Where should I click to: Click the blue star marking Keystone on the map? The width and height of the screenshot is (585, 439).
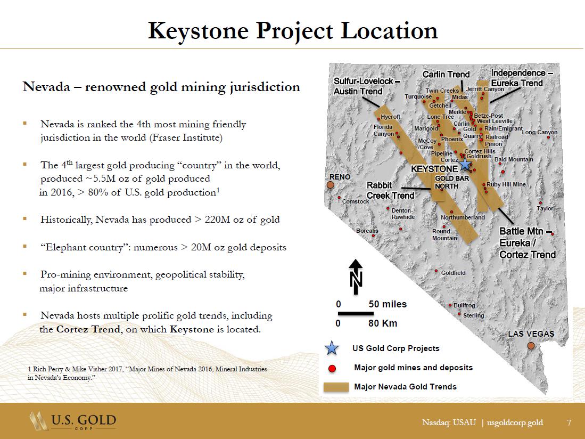(465, 164)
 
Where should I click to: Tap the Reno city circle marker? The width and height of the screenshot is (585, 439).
(330, 185)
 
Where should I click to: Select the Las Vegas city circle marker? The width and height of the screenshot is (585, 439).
(531, 346)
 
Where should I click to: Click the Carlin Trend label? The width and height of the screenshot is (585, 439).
(446, 75)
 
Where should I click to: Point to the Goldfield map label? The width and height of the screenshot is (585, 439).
(453, 273)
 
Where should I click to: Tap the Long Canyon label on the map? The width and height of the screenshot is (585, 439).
(540, 132)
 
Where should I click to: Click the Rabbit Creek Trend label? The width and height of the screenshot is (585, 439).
(390, 190)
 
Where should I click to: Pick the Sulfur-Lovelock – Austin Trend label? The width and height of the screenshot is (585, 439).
(363, 86)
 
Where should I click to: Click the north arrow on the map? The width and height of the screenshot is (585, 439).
(356, 275)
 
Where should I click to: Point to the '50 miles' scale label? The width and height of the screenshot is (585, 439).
(388, 304)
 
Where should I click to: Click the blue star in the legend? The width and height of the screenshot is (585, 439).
(332, 348)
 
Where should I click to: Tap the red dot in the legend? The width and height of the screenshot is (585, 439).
(332, 368)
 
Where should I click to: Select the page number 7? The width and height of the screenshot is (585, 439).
(569, 422)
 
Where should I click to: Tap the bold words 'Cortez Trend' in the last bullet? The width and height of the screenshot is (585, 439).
(88, 329)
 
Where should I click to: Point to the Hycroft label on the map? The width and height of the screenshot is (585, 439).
(390, 117)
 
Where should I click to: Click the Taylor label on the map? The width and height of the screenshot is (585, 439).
(545, 208)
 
